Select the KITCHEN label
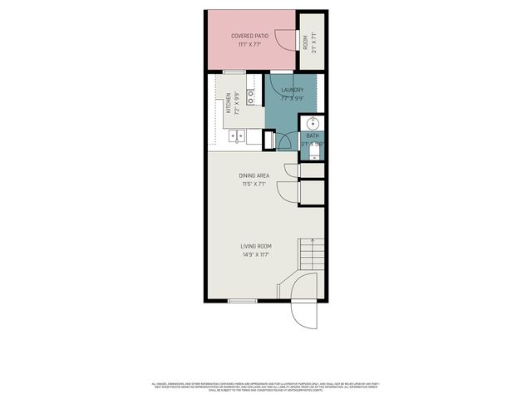pyautogui.click(x=229, y=106)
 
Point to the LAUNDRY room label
pyautogui.click(x=292, y=90)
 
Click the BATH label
pyautogui.click(x=313, y=135)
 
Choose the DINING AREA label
pyautogui.click(x=254, y=175)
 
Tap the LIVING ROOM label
pyautogui.click(x=256, y=246)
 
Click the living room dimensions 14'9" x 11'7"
pyautogui.click(x=256, y=254)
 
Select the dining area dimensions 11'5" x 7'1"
pyautogui.click(x=254, y=184)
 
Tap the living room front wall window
pyautogui.click(x=241, y=299)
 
